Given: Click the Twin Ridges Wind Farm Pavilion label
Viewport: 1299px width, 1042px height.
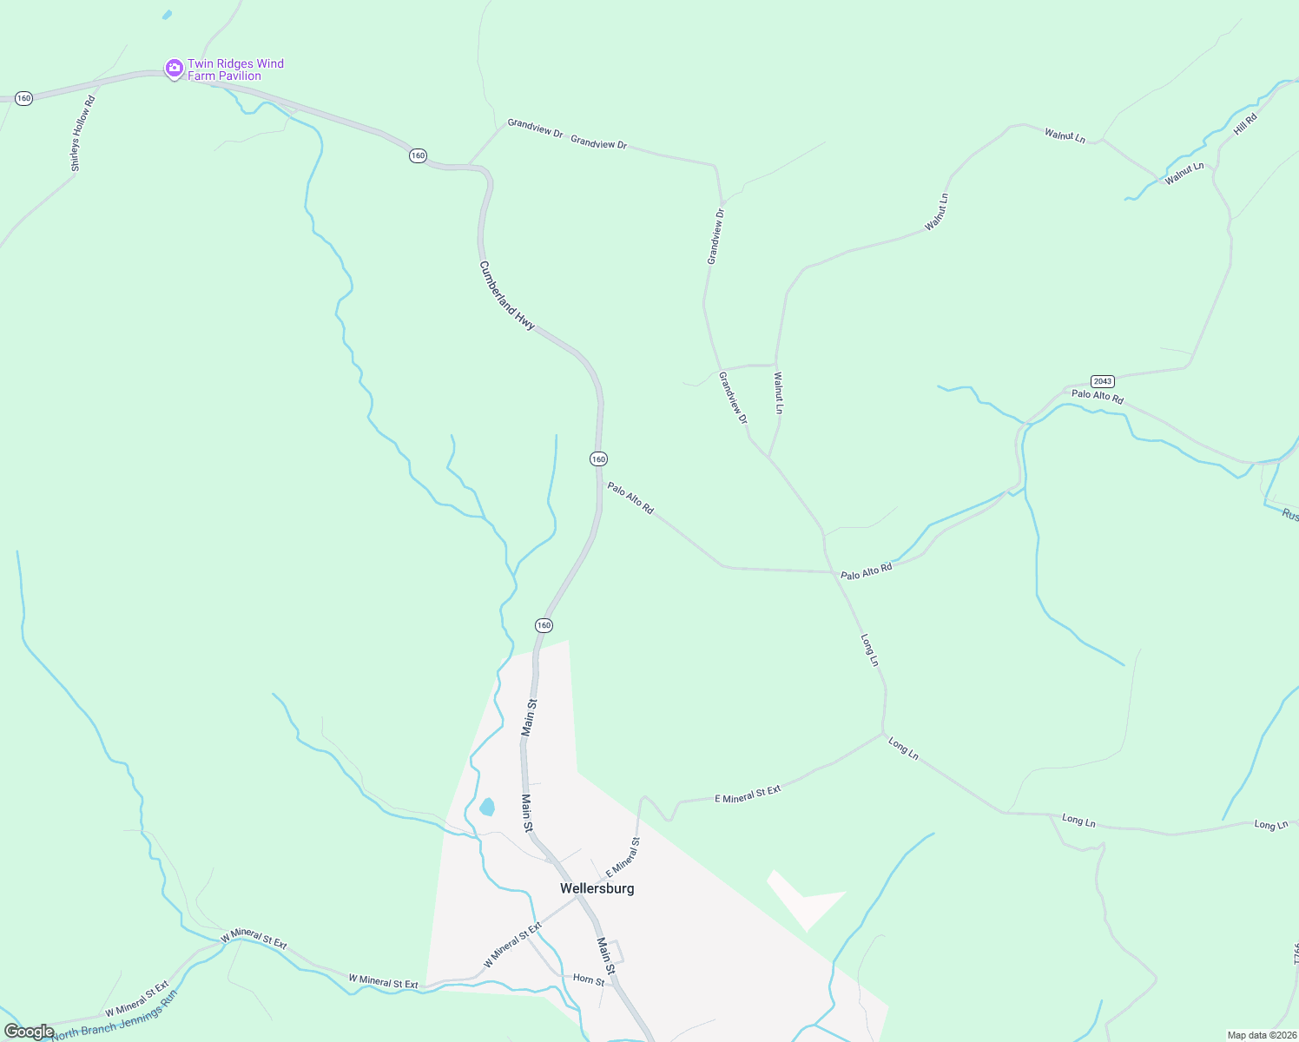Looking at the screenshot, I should pos(235,69).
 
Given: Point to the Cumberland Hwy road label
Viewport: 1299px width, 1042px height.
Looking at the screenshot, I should pos(507,295).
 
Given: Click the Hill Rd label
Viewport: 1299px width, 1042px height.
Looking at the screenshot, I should pos(1245,124).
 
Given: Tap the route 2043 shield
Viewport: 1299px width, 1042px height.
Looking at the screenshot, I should pos(1102,381).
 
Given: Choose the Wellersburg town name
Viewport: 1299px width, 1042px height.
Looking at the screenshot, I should pos(597,888).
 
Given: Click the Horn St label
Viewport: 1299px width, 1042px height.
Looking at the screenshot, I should pos(588,979).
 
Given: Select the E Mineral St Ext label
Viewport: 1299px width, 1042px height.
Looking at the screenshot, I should pos(748,794).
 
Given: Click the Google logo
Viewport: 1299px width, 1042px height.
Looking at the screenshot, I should pos(29,1032).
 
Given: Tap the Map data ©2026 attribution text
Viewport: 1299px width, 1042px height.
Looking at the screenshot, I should pos(1261,1035).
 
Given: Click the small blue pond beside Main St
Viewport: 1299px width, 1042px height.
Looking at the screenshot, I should pos(487,808).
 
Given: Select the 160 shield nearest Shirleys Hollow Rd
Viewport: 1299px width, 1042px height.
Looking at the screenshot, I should pos(23,98).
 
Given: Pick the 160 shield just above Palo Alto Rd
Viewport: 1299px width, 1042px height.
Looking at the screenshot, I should pos(598,458).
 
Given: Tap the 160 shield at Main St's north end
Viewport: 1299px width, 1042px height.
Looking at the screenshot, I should pos(544,625).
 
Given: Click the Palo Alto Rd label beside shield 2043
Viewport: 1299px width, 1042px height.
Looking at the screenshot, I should pos(1097,396).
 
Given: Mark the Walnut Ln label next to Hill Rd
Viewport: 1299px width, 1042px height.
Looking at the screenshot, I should pos(1184,173).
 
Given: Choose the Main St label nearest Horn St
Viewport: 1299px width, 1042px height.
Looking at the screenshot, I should pos(606,955).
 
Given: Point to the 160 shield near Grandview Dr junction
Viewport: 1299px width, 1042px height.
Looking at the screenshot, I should pos(418,155).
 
